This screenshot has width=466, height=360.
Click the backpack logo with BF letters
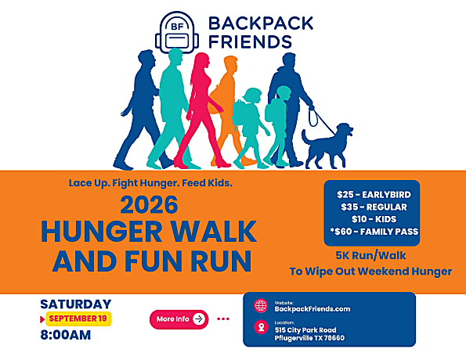(x=177, y=32)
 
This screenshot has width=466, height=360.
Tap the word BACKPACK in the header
(x=261, y=23)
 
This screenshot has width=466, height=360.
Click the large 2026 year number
(x=149, y=205)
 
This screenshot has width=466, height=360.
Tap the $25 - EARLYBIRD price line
(x=374, y=195)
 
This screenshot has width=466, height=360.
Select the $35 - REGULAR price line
(x=374, y=207)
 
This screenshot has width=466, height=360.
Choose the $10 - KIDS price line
(x=374, y=219)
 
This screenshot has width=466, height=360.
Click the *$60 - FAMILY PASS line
(x=374, y=232)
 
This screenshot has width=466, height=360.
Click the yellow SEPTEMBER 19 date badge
(x=78, y=319)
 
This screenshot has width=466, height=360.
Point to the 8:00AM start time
(x=65, y=335)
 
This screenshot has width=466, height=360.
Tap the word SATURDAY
(x=76, y=304)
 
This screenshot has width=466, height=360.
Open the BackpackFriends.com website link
(x=312, y=309)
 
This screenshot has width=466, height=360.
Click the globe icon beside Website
(x=261, y=306)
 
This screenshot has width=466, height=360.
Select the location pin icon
(x=262, y=327)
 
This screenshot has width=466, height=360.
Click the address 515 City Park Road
(x=305, y=330)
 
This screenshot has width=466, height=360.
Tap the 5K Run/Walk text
(x=370, y=255)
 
